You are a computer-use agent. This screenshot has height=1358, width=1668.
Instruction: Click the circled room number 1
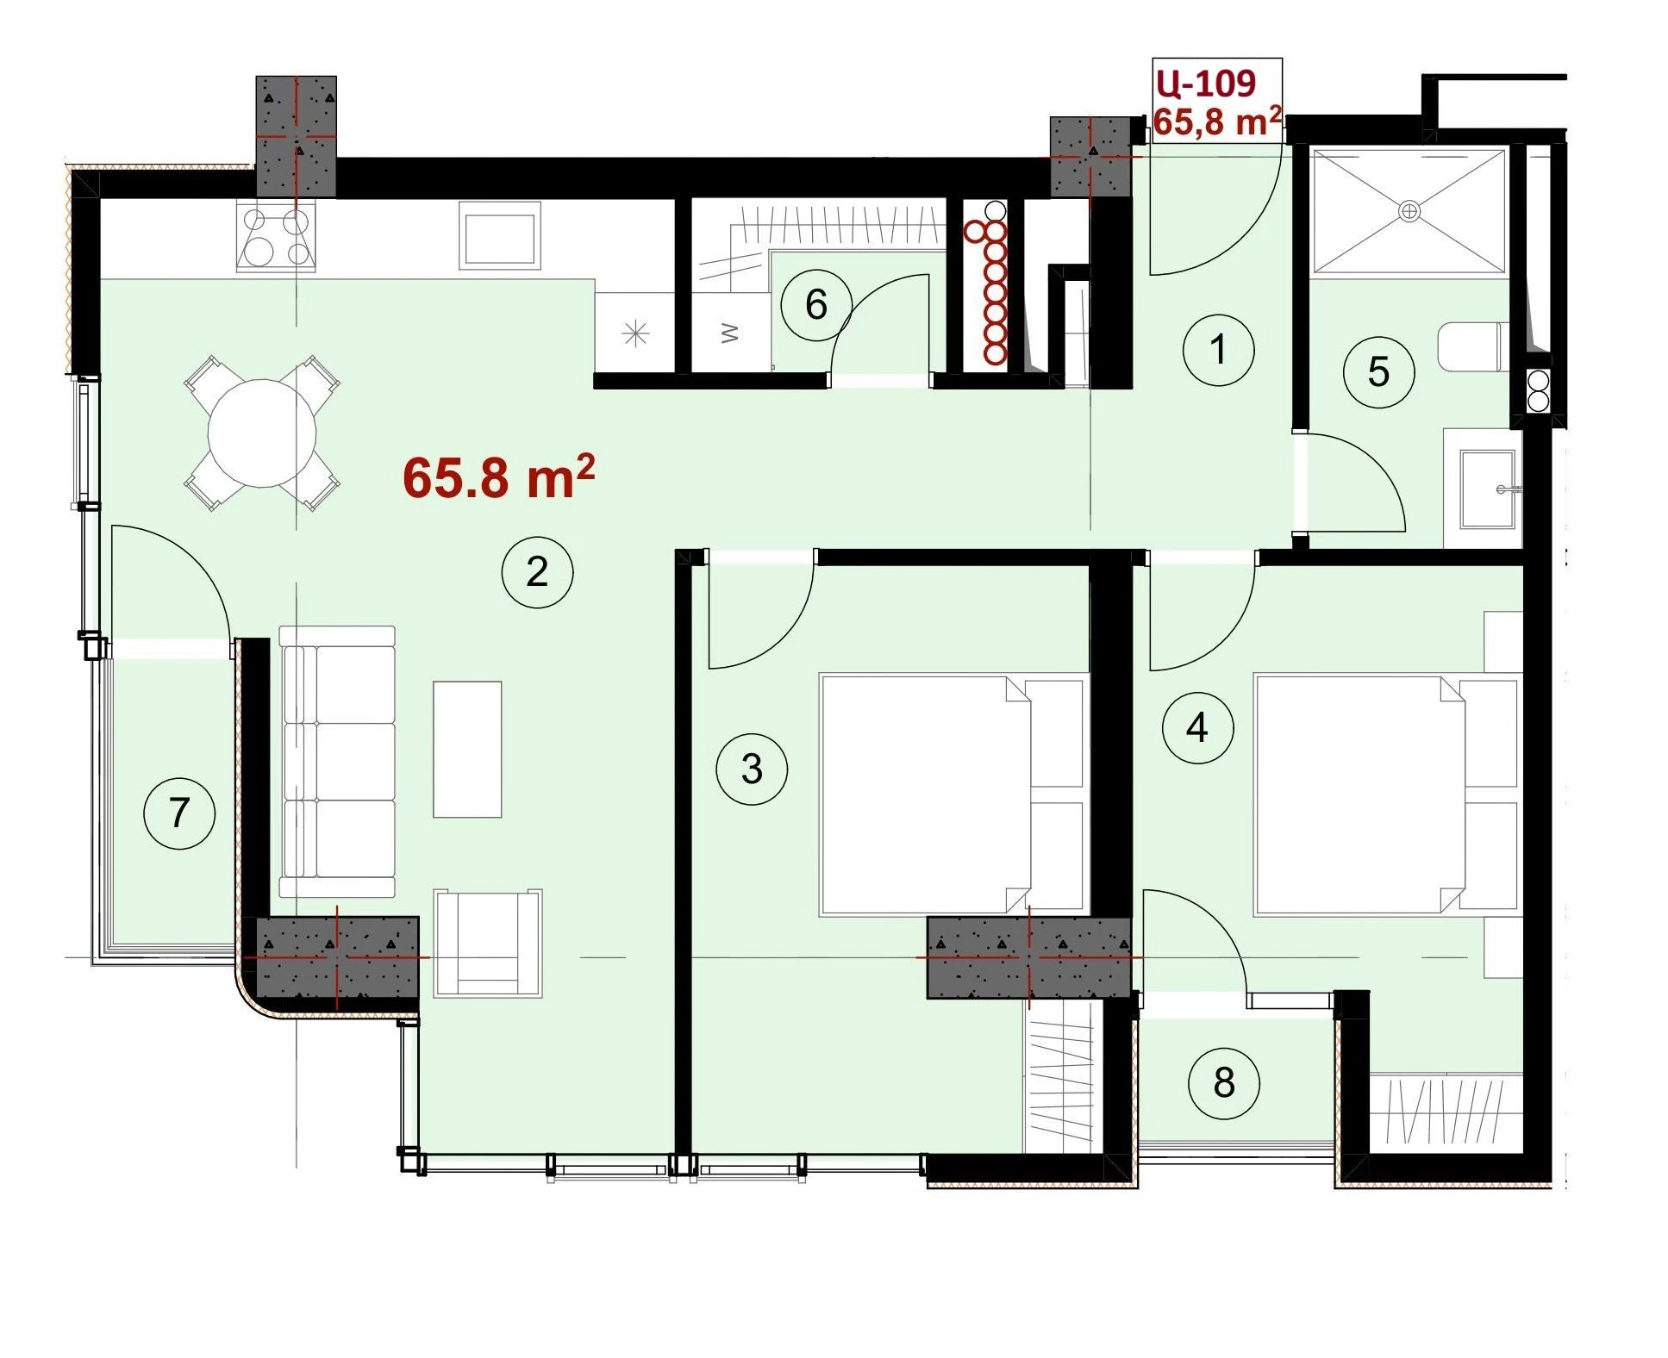[x=1217, y=350]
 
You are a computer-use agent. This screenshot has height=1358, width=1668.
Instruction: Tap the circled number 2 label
[x=537, y=572]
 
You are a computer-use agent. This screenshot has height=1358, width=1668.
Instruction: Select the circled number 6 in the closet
[x=815, y=304]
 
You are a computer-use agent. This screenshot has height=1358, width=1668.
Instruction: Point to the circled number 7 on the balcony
[x=179, y=813]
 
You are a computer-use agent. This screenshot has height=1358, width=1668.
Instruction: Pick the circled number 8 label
[x=1224, y=1082]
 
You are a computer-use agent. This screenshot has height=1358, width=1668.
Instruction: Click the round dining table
[x=262, y=433]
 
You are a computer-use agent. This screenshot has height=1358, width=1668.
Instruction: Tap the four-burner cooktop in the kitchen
[x=276, y=237]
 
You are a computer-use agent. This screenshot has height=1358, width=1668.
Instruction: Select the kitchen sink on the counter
[x=499, y=234]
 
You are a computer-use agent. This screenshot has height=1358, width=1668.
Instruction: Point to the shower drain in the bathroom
[x=1409, y=210]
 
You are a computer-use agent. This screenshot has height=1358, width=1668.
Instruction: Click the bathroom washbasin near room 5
[x=1489, y=489]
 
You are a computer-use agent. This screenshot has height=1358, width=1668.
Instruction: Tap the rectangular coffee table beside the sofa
[x=467, y=749]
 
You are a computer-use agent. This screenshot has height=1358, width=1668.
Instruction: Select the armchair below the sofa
[x=488, y=944]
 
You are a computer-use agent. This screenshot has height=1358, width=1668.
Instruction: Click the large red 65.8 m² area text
[x=498, y=477]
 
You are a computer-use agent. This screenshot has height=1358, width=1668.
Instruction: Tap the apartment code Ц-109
[x=1206, y=83]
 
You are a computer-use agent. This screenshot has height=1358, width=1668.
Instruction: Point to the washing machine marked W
[x=729, y=333]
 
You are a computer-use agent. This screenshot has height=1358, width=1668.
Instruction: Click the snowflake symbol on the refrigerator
[x=635, y=333]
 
